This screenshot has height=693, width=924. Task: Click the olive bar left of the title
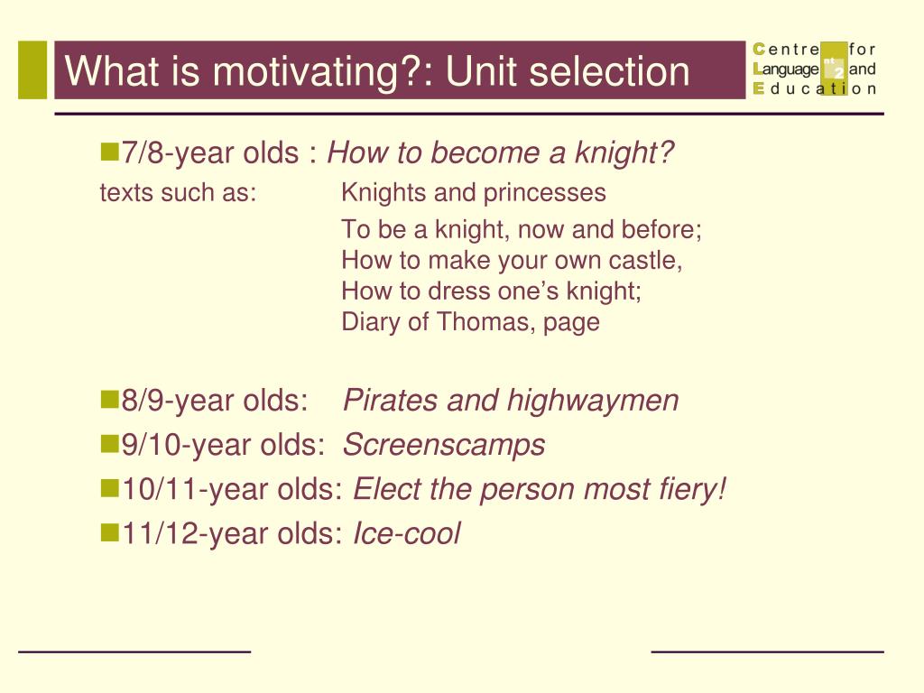[x=32, y=69]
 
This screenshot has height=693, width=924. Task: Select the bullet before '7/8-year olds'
[x=109, y=152]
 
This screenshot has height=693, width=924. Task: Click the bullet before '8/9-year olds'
[x=109, y=400]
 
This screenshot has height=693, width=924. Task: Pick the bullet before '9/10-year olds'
[x=109, y=444]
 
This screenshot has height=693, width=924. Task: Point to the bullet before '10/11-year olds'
[x=109, y=488]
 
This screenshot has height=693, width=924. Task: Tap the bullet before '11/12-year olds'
[x=109, y=532]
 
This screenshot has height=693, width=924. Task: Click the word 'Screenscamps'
[x=444, y=445]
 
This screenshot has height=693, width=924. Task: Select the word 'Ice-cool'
[x=406, y=534]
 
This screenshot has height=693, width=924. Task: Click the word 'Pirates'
[x=391, y=400]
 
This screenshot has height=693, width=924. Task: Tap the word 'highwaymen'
[x=592, y=402]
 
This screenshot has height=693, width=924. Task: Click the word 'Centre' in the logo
[x=787, y=49]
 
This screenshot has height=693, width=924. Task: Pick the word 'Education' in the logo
[x=815, y=88]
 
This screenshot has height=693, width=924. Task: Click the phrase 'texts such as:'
[x=179, y=193]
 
